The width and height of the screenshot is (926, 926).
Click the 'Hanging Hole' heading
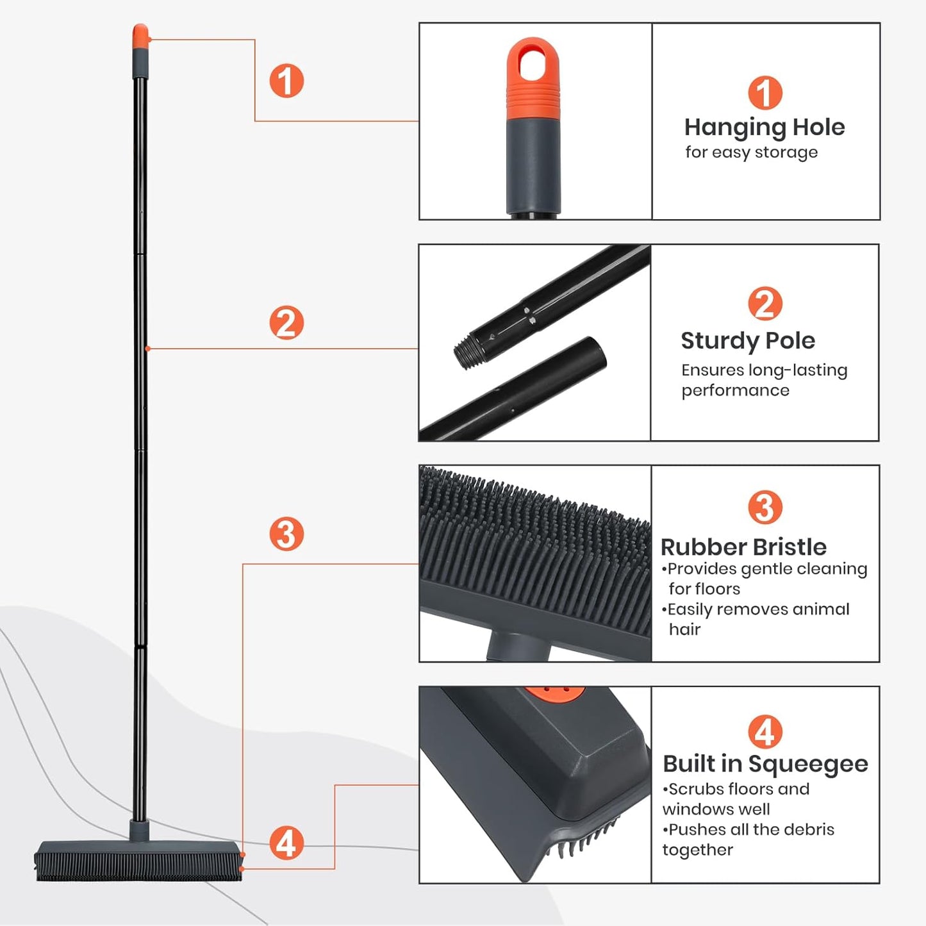(764, 128)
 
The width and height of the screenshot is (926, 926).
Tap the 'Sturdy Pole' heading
(747, 341)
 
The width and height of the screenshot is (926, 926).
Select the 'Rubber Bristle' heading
(743, 547)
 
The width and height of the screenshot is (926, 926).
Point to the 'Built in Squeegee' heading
(765, 764)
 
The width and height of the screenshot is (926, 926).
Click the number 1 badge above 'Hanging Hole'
(765, 93)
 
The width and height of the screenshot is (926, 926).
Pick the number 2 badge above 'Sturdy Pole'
(765, 304)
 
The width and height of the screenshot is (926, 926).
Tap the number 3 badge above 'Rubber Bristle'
(765, 508)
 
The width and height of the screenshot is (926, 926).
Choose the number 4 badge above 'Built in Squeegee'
(765, 732)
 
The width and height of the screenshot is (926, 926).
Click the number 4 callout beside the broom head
(286, 843)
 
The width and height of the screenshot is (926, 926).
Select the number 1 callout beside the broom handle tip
(286, 81)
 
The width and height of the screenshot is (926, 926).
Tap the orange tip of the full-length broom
(140, 36)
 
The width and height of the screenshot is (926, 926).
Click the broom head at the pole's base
(138, 860)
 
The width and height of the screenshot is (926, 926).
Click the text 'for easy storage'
(751, 153)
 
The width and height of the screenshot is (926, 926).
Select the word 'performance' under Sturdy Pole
(735, 390)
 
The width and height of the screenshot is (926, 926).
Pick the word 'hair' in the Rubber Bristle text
(684, 629)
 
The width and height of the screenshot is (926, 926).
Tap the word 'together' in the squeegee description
(697, 850)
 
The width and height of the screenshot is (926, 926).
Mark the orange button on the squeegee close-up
(555, 695)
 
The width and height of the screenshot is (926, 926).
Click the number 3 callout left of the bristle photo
(286, 534)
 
